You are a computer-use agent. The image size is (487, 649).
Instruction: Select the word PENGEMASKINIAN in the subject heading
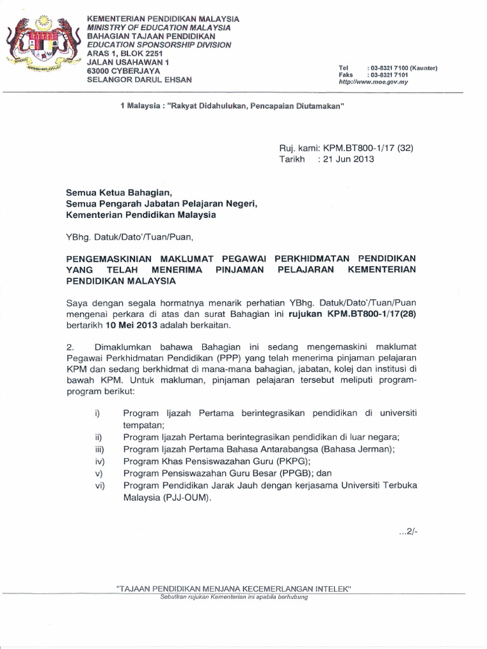[108, 259]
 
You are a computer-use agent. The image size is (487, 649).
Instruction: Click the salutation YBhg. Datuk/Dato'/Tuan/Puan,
[128, 237]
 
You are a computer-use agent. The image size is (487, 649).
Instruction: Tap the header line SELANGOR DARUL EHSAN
[139, 80]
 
